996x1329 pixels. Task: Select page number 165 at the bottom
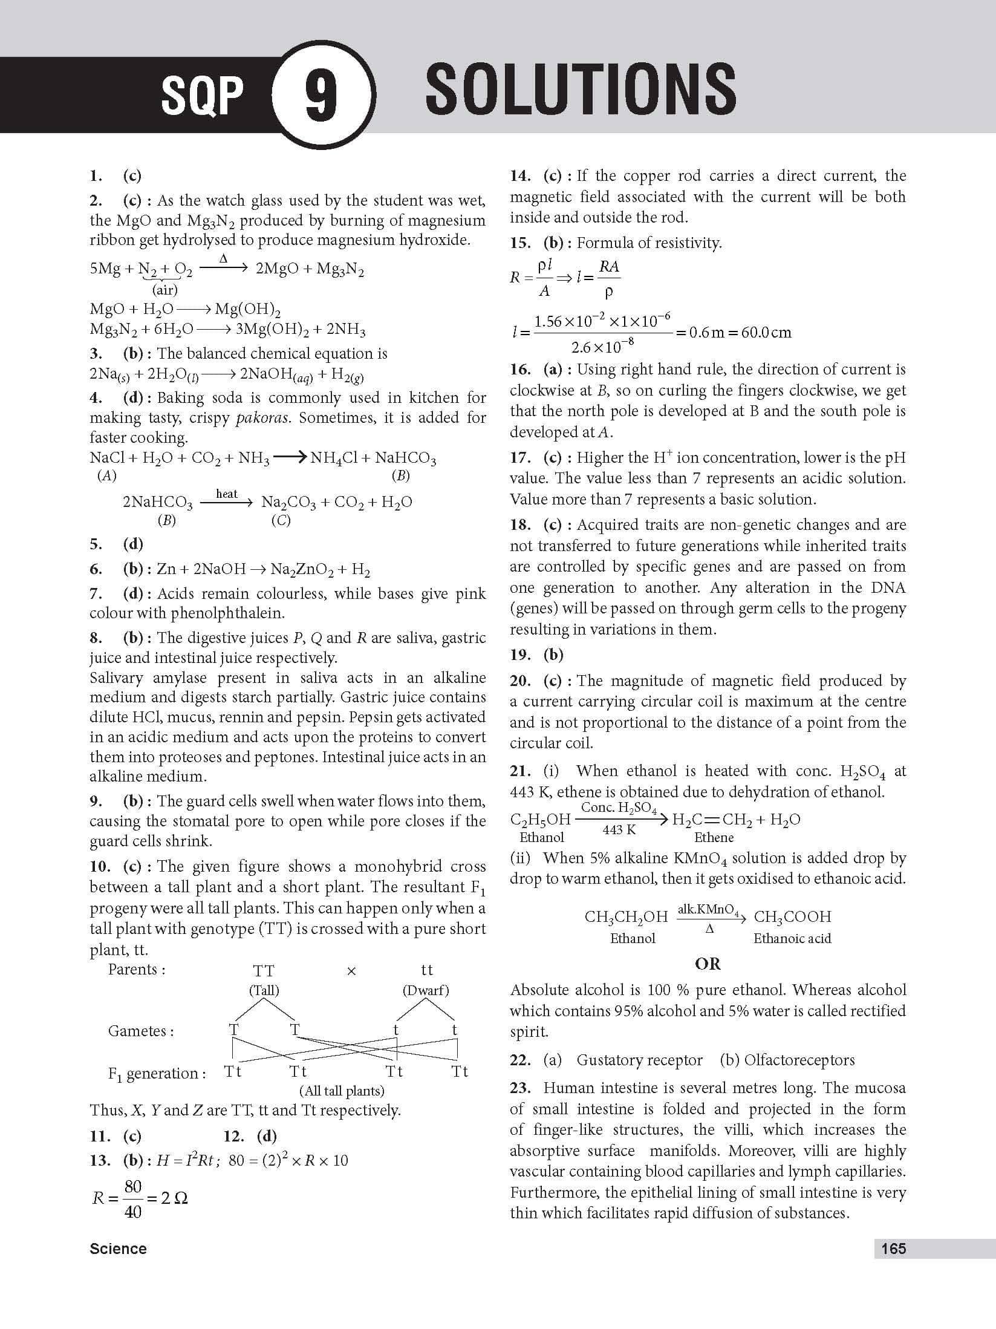click(893, 1249)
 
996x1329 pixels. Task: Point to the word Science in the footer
click(118, 1249)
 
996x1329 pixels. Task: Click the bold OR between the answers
click(708, 964)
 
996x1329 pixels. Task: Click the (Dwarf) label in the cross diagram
click(426, 990)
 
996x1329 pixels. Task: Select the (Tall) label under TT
click(264, 990)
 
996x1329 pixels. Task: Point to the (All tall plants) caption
click(342, 1091)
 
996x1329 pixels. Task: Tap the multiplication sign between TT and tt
click(351, 971)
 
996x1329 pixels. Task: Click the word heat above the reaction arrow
click(227, 494)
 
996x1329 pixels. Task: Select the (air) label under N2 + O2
click(164, 289)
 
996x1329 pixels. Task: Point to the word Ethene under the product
click(714, 837)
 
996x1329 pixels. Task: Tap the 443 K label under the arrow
click(619, 830)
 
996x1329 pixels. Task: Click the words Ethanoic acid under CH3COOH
click(792, 938)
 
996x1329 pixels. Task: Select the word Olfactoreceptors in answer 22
click(799, 1060)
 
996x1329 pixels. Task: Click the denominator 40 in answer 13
click(132, 1212)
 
